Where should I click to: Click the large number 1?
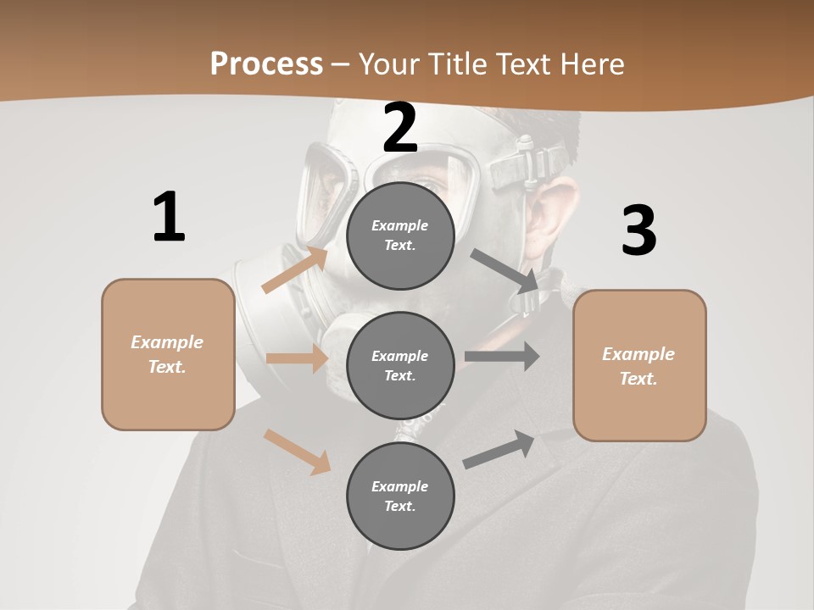click(x=169, y=218)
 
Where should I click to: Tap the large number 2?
click(x=400, y=129)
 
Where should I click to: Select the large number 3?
click(x=638, y=231)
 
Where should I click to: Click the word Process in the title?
click(x=266, y=64)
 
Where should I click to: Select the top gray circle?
click(x=400, y=236)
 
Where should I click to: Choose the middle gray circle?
click(x=400, y=365)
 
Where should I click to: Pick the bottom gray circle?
click(x=400, y=496)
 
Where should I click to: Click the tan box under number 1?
click(x=168, y=354)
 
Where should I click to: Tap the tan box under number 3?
click(x=639, y=366)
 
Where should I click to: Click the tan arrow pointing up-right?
click(x=296, y=269)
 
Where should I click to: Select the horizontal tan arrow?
click(x=297, y=358)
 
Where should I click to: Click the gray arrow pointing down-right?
click(x=505, y=270)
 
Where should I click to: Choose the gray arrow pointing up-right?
click(x=499, y=450)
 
